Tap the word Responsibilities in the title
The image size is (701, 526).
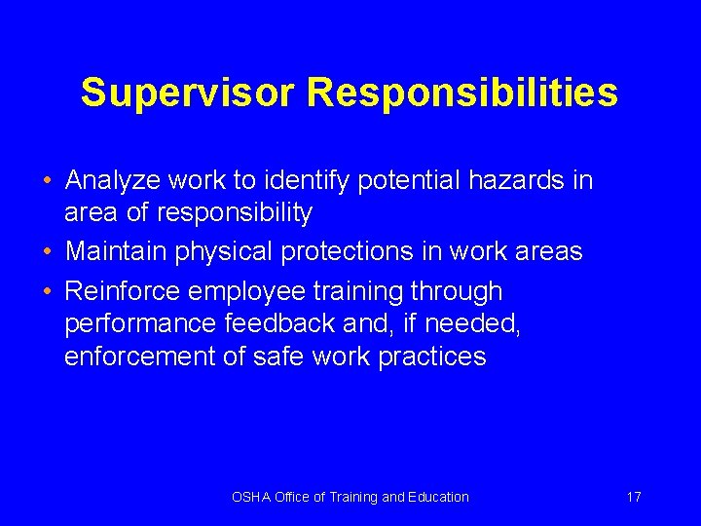click(x=462, y=94)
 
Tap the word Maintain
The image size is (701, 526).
click(x=116, y=252)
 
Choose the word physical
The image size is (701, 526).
click(x=225, y=252)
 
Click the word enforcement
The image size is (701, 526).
click(x=139, y=357)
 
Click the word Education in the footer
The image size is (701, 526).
click(x=439, y=497)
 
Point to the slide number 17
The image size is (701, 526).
click(x=634, y=497)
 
